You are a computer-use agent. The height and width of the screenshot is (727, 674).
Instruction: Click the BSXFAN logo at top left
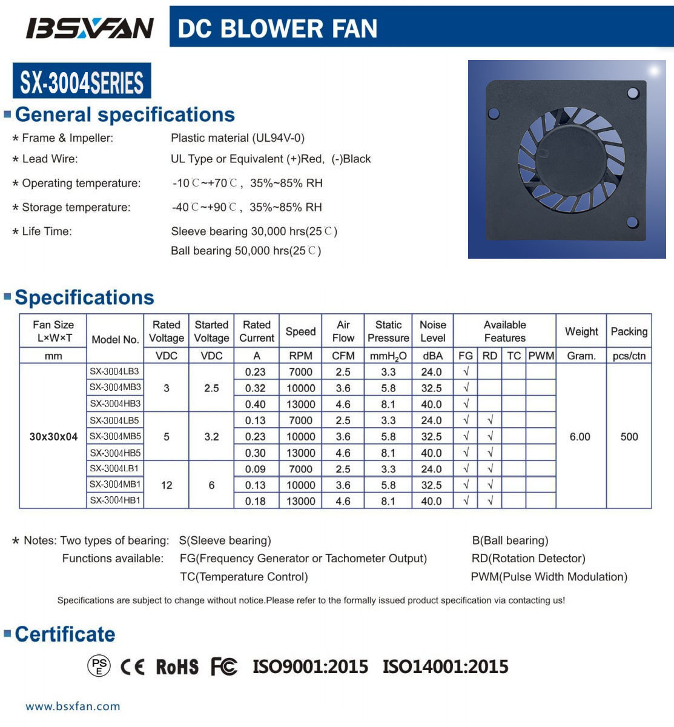tap(89, 28)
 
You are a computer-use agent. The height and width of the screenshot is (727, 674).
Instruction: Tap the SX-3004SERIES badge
tap(82, 81)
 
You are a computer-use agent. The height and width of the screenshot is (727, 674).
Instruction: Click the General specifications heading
tap(125, 115)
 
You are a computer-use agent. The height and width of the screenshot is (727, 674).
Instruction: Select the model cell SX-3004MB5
tap(115, 436)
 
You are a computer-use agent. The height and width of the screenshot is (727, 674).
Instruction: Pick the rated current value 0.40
tap(256, 404)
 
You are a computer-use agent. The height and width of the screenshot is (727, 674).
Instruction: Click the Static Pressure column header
tap(388, 331)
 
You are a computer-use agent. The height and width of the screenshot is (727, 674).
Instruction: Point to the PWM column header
tap(541, 356)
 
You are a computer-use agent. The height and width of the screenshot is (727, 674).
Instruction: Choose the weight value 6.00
tap(580, 436)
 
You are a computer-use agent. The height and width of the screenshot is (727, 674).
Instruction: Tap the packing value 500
tap(629, 436)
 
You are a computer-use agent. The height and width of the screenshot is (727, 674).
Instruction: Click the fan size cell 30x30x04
tap(53, 436)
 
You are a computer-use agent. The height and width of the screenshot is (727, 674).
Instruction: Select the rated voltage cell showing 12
tap(167, 485)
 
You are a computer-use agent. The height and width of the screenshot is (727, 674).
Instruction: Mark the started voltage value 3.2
tap(211, 436)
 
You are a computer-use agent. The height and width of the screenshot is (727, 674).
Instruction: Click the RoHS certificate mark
tap(177, 667)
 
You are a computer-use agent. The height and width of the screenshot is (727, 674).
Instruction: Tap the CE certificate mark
tap(133, 667)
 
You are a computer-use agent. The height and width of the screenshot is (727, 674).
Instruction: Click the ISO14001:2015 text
tap(445, 667)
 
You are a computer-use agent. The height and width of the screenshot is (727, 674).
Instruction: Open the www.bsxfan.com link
tap(73, 706)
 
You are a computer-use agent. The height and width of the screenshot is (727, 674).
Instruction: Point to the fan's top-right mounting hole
tap(633, 93)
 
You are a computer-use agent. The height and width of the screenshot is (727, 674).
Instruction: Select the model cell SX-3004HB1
tap(115, 500)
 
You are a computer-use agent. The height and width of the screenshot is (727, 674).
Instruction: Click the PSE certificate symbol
tap(99, 666)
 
